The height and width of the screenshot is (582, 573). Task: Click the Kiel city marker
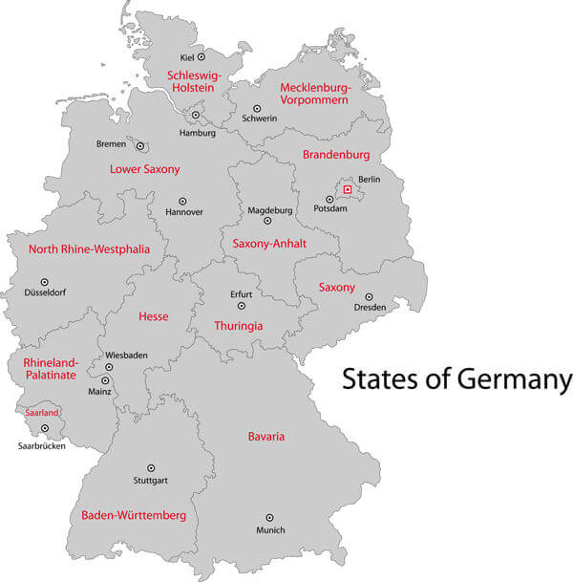point(202,57)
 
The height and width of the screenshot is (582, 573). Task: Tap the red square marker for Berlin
point(348,190)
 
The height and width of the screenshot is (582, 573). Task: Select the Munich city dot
point(269,517)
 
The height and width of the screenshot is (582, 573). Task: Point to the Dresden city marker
point(370,296)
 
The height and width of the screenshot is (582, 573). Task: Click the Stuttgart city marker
point(150,467)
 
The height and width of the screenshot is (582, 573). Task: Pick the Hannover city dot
point(182,202)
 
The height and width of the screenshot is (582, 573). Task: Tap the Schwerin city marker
point(257,109)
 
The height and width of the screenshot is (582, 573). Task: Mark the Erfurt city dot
point(242,306)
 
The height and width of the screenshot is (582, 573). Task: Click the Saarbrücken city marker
point(44,428)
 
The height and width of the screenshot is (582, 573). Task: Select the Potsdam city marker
point(330,199)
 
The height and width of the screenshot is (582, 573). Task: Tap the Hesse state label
point(153,316)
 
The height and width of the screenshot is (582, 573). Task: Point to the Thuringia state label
point(238,326)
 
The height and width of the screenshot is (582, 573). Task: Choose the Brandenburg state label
point(335,155)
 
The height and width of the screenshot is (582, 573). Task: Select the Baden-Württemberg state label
point(134,515)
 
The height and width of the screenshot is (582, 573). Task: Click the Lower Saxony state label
point(145,169)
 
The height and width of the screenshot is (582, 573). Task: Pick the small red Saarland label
point(42,413)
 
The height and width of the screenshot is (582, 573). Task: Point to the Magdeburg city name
point(270,209)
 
